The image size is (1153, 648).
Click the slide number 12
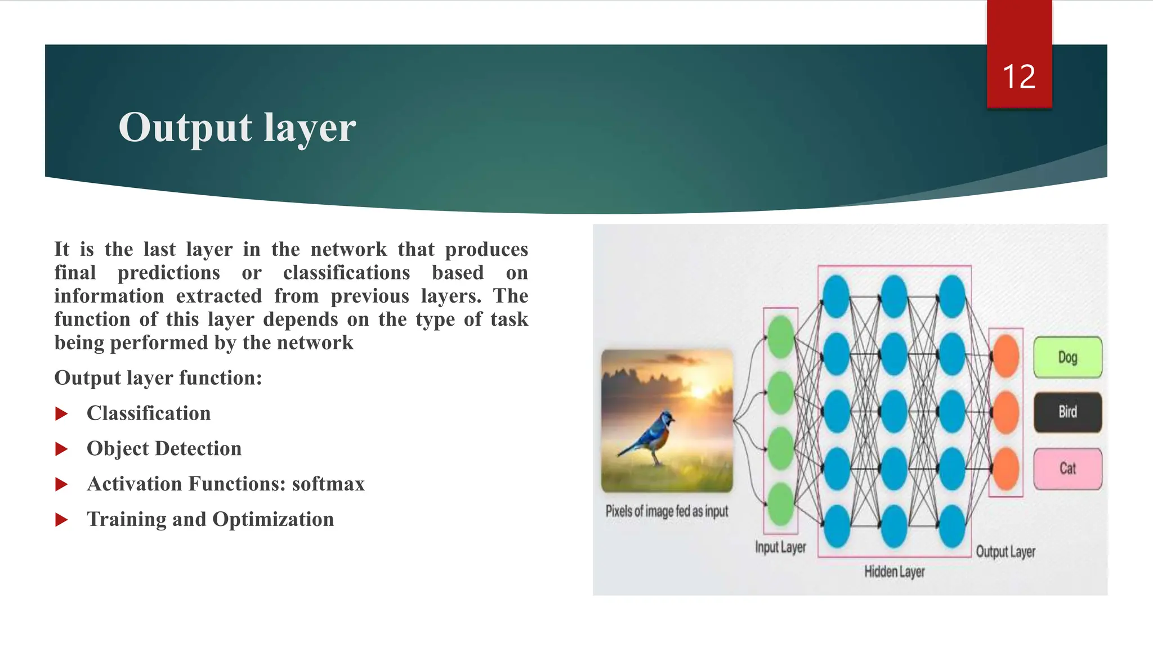pos(1019,76)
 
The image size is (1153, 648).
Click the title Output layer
pos(237,128)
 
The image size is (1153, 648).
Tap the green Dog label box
pos(1067,357)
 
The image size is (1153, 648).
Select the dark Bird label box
pos(1067,412)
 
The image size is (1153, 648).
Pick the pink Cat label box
pos(1067,469)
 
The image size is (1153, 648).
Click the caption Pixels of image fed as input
pos(667,511)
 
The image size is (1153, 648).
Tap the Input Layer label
pos(780,547)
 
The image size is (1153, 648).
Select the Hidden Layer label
pos(894,572)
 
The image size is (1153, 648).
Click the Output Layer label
pos(1005,552)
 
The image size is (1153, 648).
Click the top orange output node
pos(1006,357)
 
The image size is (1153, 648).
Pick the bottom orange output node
pos(1006,469)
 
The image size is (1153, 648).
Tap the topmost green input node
pos(781,337)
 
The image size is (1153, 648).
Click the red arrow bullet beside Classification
pos(61,415)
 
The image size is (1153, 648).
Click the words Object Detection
pos(164,448)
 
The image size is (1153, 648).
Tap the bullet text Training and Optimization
pos(210,519)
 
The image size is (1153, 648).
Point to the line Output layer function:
pos(158,378)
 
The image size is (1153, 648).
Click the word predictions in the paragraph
pos(168,273)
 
